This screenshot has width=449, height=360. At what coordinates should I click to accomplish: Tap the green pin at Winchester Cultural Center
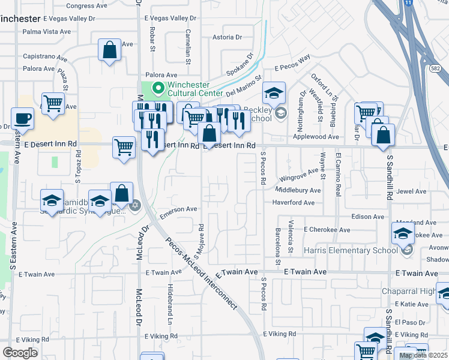(x=158, y=89)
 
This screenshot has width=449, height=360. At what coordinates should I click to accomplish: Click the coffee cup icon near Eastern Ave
(x=23, y=118)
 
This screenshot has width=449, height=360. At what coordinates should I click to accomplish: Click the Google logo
(x=20, y=352)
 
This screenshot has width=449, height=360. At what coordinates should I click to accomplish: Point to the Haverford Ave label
(x=294, y=203)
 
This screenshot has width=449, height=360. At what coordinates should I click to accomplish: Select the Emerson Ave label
(x=178, y=209)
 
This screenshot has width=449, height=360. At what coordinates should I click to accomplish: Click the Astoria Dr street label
(x=227, y=37)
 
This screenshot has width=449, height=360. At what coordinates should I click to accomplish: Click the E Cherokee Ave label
(x=327, y=230)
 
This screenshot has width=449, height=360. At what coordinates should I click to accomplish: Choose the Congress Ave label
(x=80, y=6)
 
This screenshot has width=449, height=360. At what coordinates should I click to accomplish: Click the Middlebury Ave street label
(x=298, y=190)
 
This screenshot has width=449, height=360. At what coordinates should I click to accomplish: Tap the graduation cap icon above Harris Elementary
(x=403, y=233)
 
